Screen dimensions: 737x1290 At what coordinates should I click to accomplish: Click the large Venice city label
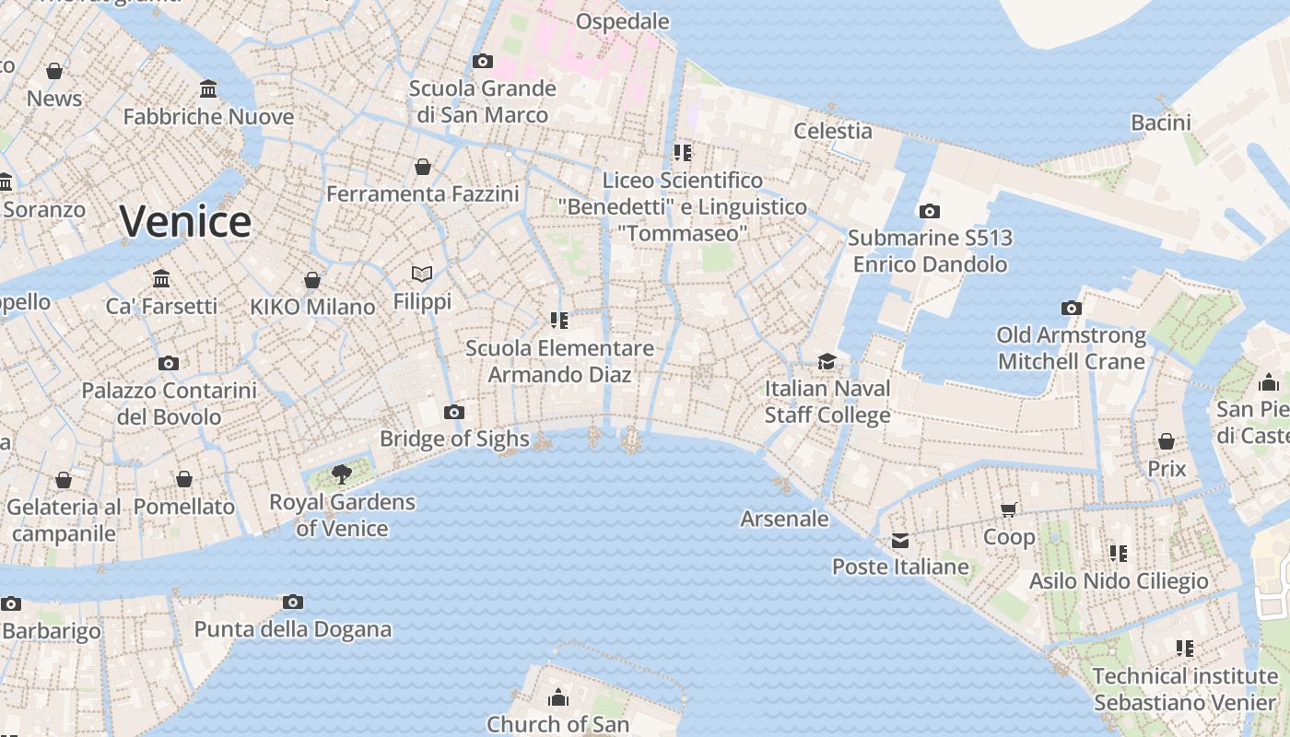tap(185, 221)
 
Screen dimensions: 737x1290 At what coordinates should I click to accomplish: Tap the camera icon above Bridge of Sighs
tap(454, 412)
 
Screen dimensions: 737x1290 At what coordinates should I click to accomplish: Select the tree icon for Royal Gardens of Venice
tap(342, 474)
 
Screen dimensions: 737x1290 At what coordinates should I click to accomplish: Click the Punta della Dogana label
tap(292, 630)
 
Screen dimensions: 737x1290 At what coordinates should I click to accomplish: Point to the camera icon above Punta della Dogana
tap(293, 602)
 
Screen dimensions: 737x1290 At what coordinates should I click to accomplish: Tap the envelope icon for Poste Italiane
tap(899, 540)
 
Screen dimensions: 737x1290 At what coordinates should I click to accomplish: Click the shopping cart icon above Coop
tap(1009, 509)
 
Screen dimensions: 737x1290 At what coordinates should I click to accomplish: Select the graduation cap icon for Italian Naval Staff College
tap(827, 361)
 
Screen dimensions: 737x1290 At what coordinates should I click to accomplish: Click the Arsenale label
tap(784, 519)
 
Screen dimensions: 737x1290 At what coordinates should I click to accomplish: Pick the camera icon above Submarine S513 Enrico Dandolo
tap(930, 211)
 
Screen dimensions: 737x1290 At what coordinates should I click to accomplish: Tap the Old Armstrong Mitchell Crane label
tap(1072, 348)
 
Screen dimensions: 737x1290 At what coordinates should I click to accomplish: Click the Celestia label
tap(833, 131)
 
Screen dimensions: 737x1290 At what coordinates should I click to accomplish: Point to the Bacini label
tap(1161, 123)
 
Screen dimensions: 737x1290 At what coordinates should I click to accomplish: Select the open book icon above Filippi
tap(422, 274)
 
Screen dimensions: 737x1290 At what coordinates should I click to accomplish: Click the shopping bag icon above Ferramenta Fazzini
tap(423, 167)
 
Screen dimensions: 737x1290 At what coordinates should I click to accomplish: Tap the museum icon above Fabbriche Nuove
tap(208, 89)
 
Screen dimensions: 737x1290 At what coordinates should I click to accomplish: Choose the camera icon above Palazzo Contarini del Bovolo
tap(169, 363)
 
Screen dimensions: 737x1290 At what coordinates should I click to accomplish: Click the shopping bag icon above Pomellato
tap(184, 479)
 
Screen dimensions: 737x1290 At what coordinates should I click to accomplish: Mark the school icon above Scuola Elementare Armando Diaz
tap(559, 321)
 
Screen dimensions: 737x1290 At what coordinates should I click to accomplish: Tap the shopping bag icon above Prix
tap(1167, 441)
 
